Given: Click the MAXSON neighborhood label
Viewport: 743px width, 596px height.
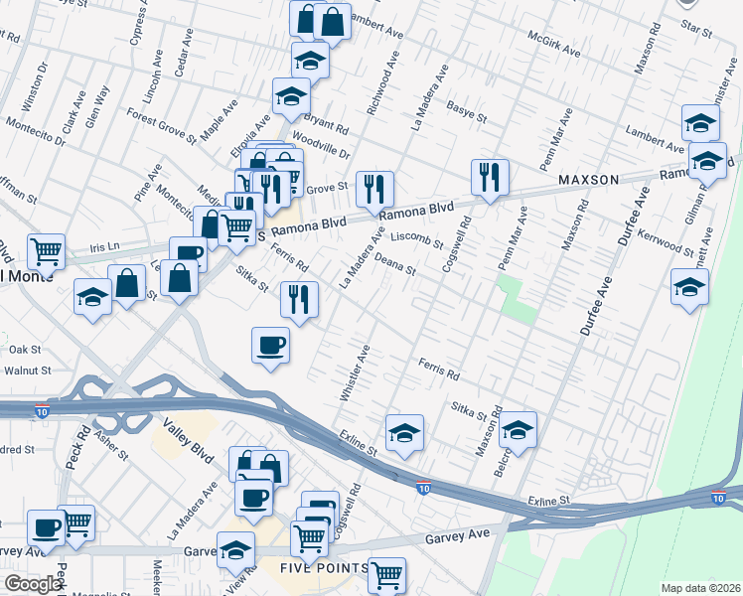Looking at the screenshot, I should [588, 179].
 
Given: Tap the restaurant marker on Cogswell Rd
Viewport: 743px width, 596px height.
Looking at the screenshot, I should [489, 178].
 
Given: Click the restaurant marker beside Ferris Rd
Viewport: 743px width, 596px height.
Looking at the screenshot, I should [299, 298].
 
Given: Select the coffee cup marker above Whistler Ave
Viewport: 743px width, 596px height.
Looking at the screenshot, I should [269, 346].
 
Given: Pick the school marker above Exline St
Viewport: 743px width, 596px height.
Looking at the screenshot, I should [404, 433].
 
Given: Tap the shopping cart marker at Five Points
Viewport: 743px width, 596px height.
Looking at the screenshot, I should [385, 574].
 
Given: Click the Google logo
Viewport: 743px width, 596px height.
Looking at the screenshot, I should [33, 584].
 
